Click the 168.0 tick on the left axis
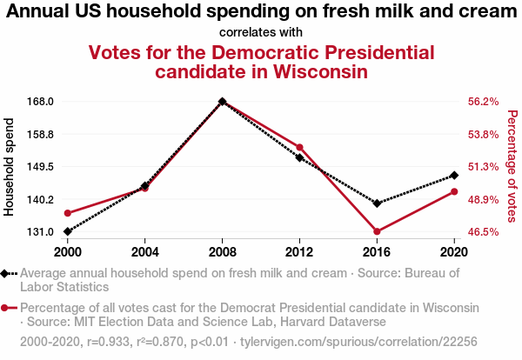(42, 101)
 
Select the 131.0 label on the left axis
(42, 232)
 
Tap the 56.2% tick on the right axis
(483, 101)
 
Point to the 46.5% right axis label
(483, 232)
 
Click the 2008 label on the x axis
(222, 251)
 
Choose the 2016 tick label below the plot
(377, 251)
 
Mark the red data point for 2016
(377, 231)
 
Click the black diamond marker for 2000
(67, 231)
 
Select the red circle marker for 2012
(299, 147)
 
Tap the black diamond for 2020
(454, 176)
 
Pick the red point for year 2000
(67, 213)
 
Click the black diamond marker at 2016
(377, 203)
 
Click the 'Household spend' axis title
(10, 166)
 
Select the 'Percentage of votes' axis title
(512, 166)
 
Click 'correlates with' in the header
(260, 33)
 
